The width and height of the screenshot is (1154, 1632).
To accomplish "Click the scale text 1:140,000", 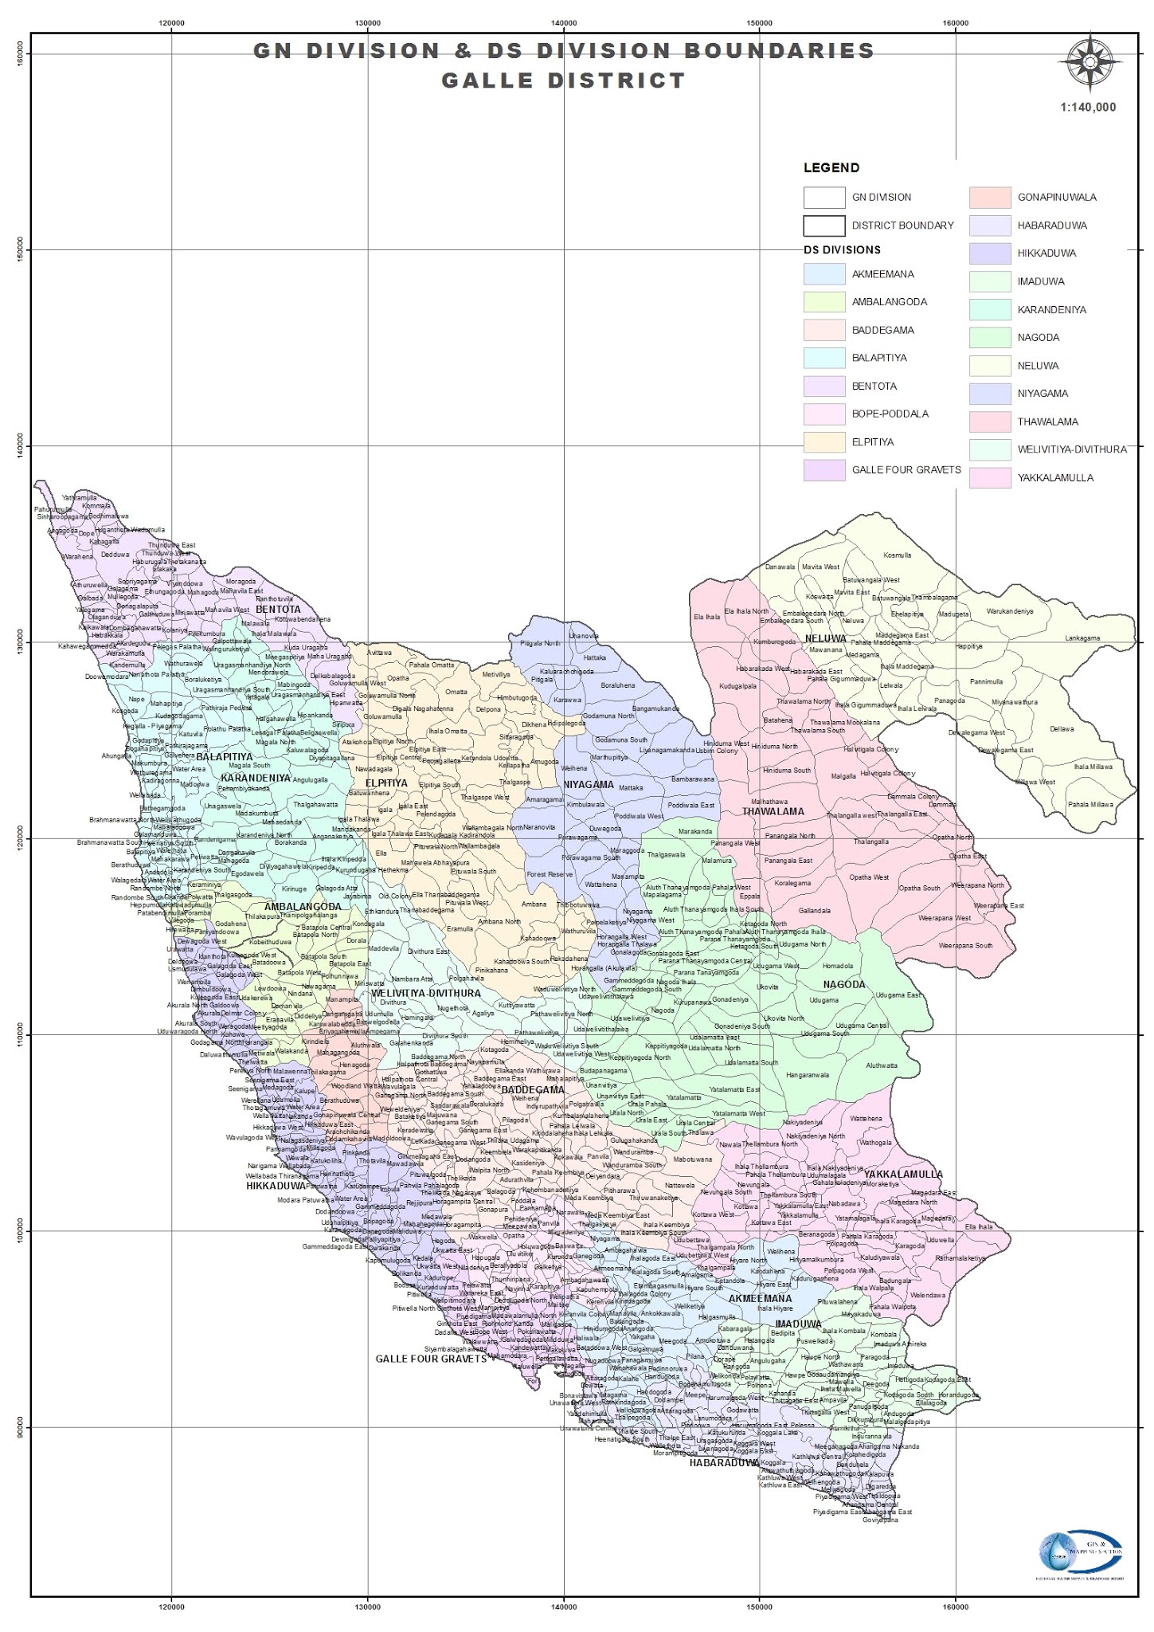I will pos(1088,108).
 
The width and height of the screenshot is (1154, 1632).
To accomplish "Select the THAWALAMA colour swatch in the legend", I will pos(990,422).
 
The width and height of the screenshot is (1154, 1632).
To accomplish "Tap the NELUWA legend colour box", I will pos(990,366).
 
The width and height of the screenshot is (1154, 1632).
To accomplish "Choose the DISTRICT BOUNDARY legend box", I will pos(823,226).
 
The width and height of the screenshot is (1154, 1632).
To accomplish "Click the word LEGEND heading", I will pos(831,168).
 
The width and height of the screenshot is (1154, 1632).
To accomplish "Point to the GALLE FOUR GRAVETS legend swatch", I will pos(823,470).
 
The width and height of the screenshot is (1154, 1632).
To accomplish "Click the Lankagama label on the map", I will pos(1082,638).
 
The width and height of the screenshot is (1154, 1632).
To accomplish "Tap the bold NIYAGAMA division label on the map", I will pos(589,785).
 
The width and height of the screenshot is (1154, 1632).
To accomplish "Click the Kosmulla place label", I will pos(898,555).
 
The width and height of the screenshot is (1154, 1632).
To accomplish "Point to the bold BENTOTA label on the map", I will pos(278,610).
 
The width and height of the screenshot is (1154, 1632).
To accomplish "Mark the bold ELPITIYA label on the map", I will pos(386,783).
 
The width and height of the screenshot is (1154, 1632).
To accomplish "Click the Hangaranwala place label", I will pos(807,1075).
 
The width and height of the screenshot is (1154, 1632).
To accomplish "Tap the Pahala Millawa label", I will pos(1090,805).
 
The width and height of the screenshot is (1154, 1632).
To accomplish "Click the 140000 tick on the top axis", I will pos(563,23).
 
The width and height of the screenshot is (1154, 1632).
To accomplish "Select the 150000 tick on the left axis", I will pos(21,250).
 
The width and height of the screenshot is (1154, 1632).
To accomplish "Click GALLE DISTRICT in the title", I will pos(563,81).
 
